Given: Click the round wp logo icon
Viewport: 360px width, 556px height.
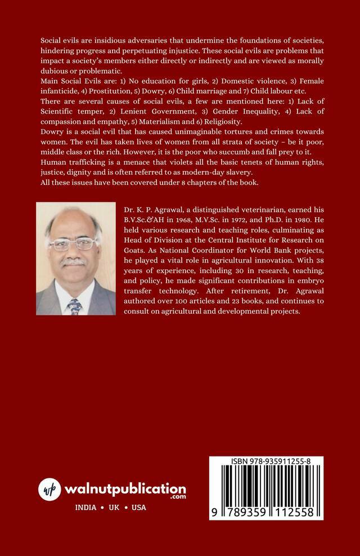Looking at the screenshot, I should point(50,489).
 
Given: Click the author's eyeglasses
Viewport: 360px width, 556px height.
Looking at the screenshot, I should point(75,245).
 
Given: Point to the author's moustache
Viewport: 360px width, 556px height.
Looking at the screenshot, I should point(73,262).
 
